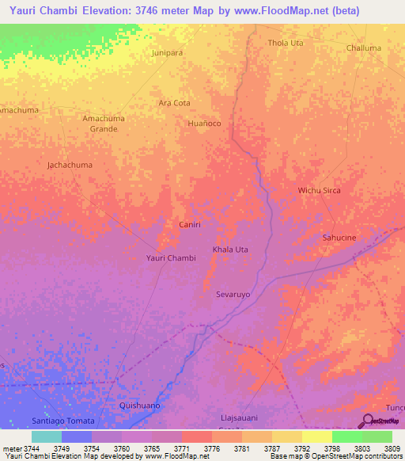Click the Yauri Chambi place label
[171, 258]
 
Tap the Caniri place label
[190, 225]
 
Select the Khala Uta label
[230, 250]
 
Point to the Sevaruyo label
[233, 294]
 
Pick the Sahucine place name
[341, 237]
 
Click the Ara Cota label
[174, 103]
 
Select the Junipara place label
[168, 53]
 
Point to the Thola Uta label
[286, 43]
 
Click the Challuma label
[363, 48]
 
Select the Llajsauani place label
[238, 417]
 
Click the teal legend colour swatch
[46, 436]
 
